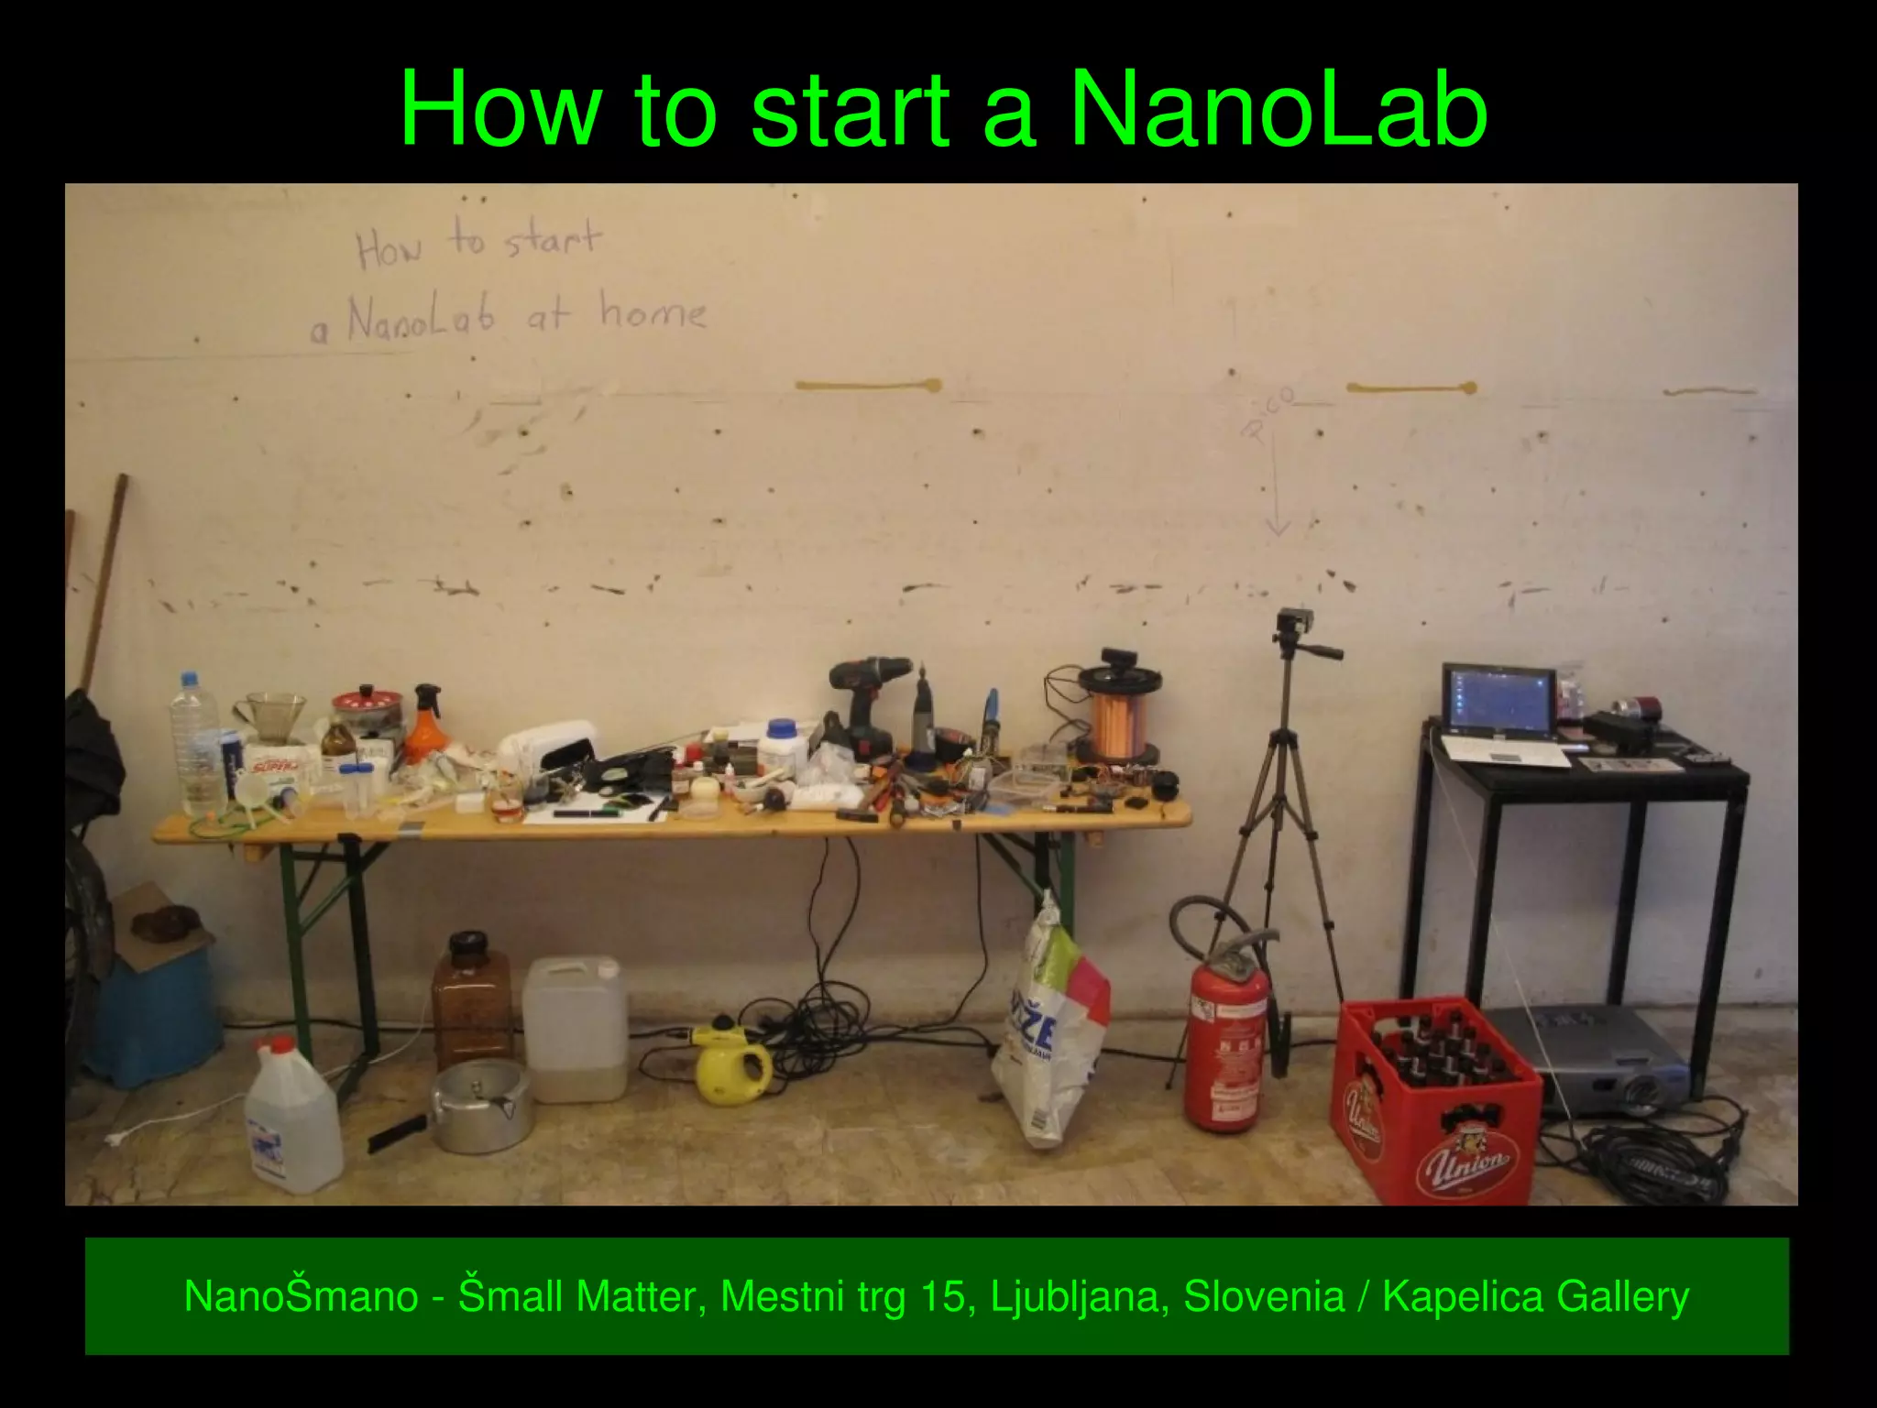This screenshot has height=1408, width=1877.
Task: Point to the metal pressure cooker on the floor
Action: (479, 1103)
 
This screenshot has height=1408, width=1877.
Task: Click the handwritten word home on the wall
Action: (653, 312)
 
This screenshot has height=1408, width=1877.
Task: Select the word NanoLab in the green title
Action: (1278, 109)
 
